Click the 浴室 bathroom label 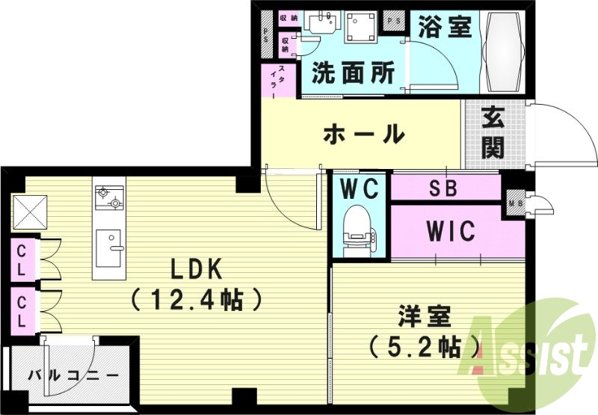(444, 28)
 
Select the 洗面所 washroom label (353, 73)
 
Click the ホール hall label (363, 135)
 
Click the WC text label (360, 188)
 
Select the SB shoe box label (443, 188)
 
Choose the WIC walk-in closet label (451, 232)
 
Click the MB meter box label (514, 202)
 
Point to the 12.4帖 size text (197, 300)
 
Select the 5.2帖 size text (424, 346)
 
